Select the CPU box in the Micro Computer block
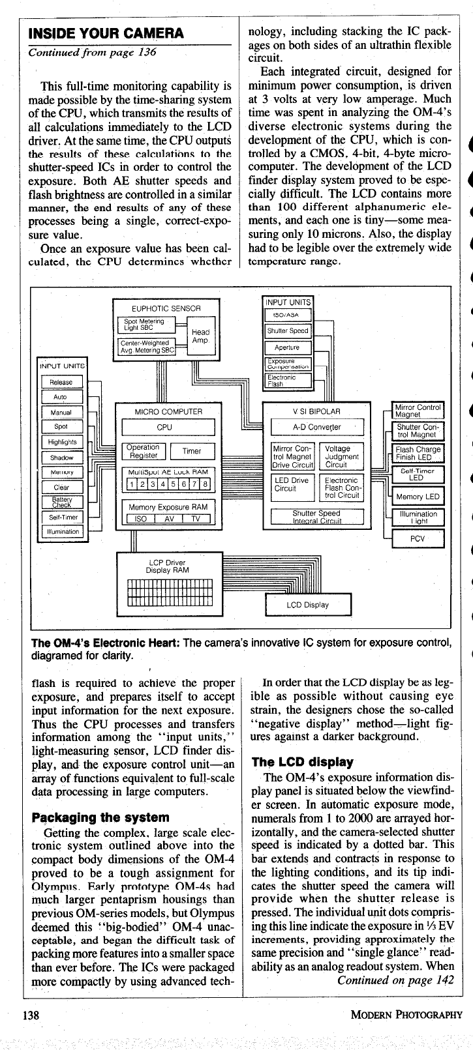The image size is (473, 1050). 168,427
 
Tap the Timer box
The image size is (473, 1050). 192,451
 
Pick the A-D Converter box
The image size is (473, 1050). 317,427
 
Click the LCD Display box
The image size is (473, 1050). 308,604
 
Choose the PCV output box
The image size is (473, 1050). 417,539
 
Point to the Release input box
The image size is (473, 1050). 61,382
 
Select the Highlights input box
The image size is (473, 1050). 61,442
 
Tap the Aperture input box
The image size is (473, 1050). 287,347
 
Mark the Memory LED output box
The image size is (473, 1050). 418,496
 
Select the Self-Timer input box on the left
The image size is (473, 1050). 61,518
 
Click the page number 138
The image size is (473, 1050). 31,1014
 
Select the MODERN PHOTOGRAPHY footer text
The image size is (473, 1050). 405,1014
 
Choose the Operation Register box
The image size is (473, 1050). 142,451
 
